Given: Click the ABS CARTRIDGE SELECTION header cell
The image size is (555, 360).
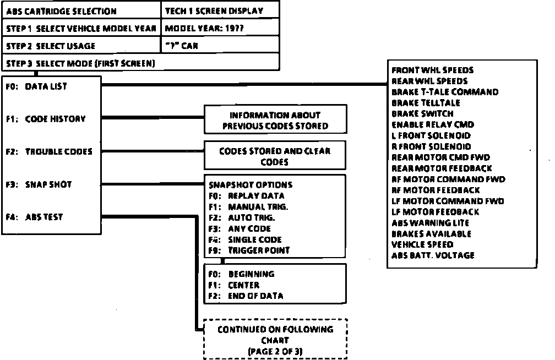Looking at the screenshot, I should [x=61, y=11].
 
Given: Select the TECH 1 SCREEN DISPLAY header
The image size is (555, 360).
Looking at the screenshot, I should [x=214, y=11].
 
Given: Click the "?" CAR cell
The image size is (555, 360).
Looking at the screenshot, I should [x=181, y=46].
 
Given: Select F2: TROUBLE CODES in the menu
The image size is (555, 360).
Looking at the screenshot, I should [x=49, y=151].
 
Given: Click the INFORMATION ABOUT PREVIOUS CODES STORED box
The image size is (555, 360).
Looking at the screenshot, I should [x=275, y=121].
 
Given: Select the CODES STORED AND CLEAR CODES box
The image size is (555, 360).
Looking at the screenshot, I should [x=275, y=156].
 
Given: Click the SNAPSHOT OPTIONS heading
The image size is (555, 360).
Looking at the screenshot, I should [x=251, y=185].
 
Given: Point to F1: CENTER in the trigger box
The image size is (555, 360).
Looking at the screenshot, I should [x=234, y=285].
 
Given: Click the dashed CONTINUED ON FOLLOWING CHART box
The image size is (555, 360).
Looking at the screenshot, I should [x=275, y=340].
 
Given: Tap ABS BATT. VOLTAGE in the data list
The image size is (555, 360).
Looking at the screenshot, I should [x=433, y=255].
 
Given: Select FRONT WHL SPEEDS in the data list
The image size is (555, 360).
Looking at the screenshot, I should [x=432, y=70].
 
